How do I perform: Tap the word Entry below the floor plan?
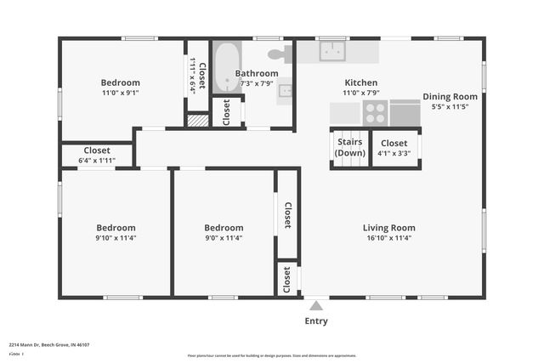pyautogui.click(x=316, y=321)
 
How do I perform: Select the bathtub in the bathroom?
pyautogui.click(x=226, y=68)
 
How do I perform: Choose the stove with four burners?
pyautogui.click(x=376, y=112)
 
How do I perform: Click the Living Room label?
pyautogui.click(x=388, y=228)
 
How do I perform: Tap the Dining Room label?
pyautogui.click(x=450, y=97)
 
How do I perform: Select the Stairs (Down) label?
pyautogui.click(x=349, y=147)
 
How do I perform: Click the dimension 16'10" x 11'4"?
pyautogui.click(x=388, y=238)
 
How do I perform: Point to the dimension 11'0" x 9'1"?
pyautogui.click(x=121, y=94)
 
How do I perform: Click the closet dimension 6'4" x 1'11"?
pyautogui.click(x=96, y=160)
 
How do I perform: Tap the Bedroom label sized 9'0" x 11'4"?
pyautogui.click(x=224, y=228)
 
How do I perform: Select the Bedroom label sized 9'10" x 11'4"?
pyautogui.click(x=116, y=228)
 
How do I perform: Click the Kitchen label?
pyautogui.click(x=360, y=82)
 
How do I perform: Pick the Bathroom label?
pyautogui.click(x=257, y=73)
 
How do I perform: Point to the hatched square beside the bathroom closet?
pyautogui.click(x=197, y=121)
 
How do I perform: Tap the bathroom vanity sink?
pyautogui.click(x=285, y=89)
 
